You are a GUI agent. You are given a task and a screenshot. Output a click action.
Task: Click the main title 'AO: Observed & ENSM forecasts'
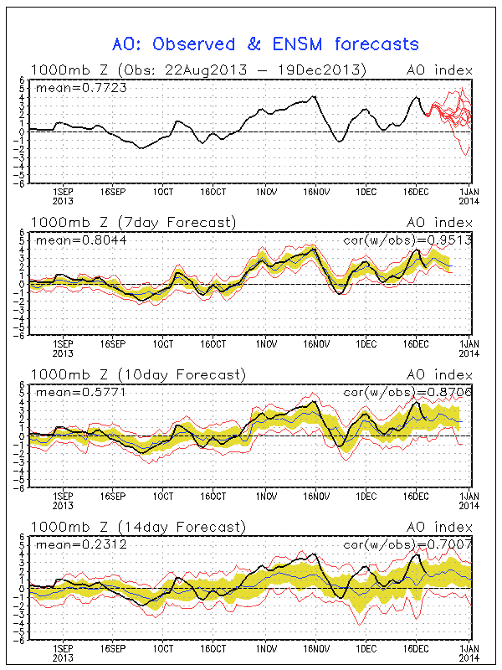265,44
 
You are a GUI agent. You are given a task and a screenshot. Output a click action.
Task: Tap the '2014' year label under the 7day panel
468,353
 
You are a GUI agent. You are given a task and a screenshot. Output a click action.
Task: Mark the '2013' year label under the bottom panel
62,658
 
